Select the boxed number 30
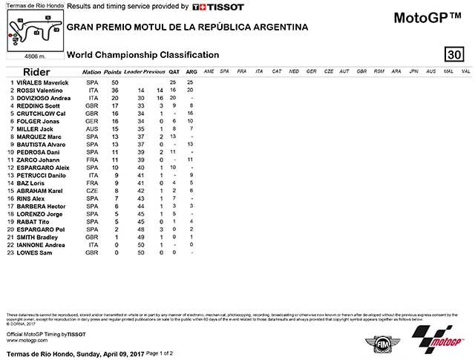(455, 55)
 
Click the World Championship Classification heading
(142, 55)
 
